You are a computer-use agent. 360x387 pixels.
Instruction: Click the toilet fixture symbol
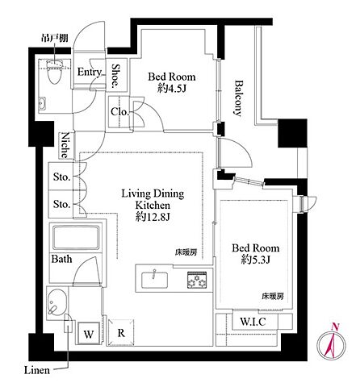(55, 71)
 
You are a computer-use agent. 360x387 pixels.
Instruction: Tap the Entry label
(89, 72)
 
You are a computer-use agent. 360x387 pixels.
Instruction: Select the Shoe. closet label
(116, 76)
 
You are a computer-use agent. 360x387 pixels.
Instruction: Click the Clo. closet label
(119, 112)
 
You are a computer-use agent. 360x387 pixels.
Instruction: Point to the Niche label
(65, 145)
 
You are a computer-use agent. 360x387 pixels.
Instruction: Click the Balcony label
(238, 98)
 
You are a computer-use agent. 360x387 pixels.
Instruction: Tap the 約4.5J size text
(172, 89)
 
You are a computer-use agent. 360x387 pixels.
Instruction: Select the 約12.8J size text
(153, 217)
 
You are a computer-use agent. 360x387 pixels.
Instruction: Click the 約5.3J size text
(256, 260)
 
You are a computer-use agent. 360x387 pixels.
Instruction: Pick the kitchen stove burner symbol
(197, 281)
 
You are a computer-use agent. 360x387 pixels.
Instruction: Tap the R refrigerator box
(121, 332)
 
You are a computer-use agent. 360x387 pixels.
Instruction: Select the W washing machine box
(89, 333)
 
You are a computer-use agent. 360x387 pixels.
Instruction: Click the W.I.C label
(253, 322)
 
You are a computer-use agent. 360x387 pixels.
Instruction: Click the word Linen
(37, 370)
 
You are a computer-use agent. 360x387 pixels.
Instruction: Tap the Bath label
(61, 259)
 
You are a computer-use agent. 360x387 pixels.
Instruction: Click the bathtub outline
(76, 238)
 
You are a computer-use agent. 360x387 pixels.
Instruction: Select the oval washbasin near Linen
(57, 302)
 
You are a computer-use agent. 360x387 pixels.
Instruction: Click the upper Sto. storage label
(61, 177)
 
